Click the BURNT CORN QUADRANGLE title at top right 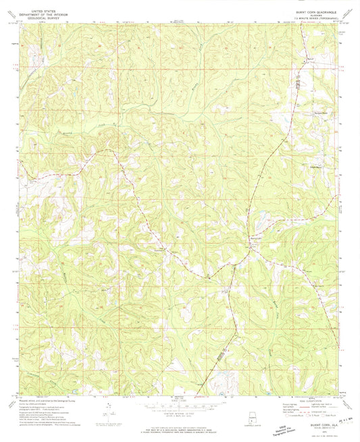coord(311,11)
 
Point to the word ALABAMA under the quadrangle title coord(311,15)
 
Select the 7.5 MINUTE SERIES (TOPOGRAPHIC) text coord(311,18)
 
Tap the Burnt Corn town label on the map coord(257,239)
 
